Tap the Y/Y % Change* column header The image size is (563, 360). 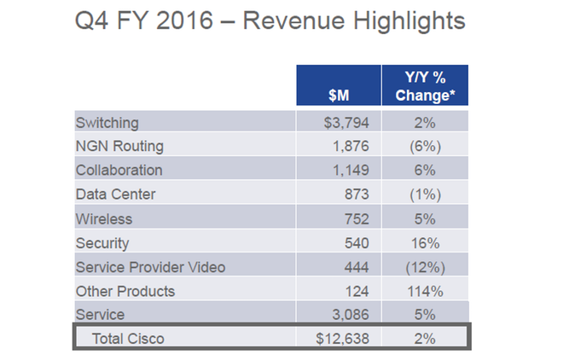pos(424,86)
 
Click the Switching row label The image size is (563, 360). pos(107,122)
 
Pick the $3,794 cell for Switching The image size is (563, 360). pos(345,122)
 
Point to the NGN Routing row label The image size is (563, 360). pos(119,146)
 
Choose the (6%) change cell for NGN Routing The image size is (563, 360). pos(424,146)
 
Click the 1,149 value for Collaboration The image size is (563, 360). pos(350,171)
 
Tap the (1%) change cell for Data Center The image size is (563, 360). pos(424,195)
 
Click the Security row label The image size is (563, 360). pos(102,243)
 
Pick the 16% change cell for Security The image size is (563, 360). pos(424,243)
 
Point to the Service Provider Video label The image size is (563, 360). pos(150,267)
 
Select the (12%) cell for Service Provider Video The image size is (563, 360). pos(424,267)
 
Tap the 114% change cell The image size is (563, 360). pos(424,291)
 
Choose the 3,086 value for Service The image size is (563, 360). pos(350,316)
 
